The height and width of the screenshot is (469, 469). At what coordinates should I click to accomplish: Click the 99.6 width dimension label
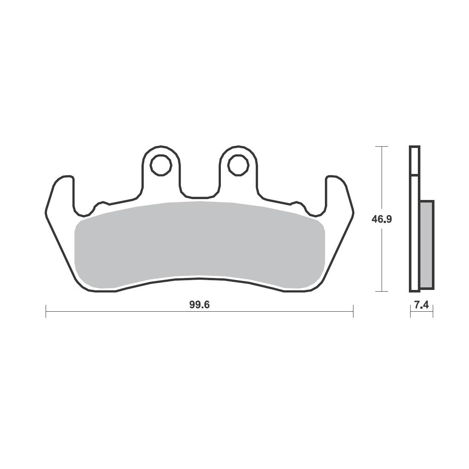(x=200, y=304)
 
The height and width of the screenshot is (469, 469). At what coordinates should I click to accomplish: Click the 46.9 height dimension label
(x=382, y=219)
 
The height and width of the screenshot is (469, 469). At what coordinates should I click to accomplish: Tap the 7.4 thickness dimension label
(x=422, y=305)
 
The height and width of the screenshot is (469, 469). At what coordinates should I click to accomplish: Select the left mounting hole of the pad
(x=161, y=165)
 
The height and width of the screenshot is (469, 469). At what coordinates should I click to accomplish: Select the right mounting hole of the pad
(x=238, y=165)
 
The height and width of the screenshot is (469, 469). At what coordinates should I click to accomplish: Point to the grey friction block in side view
(x=427, y=245)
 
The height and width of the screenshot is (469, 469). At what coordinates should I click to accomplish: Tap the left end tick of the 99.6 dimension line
(x=46, y=311)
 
